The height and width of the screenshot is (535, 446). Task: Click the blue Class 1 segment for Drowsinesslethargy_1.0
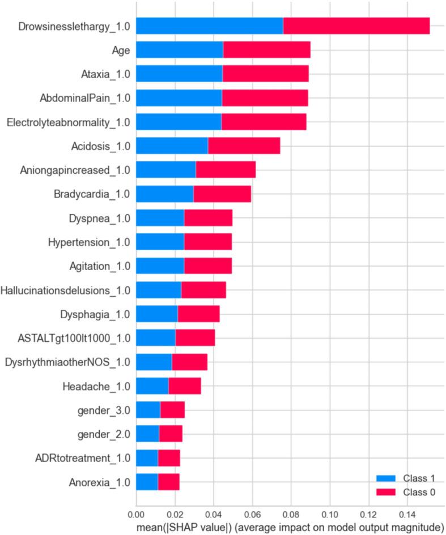coord(210,27)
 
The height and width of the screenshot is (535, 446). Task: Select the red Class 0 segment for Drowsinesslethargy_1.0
coord(356,27)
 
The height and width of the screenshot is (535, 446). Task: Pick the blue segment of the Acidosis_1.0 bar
coord(172,146)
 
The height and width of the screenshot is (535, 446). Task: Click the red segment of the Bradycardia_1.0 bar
coord(222,194)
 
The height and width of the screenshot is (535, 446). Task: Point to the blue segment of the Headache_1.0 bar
coord(152,386)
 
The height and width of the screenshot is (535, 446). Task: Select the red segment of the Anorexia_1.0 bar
coord(168,482)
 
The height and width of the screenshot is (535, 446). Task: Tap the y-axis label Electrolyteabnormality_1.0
coord(68,122)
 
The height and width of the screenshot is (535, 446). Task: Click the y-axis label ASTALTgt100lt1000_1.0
coord(74,339)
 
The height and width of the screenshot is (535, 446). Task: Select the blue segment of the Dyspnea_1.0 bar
coord(160,218)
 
